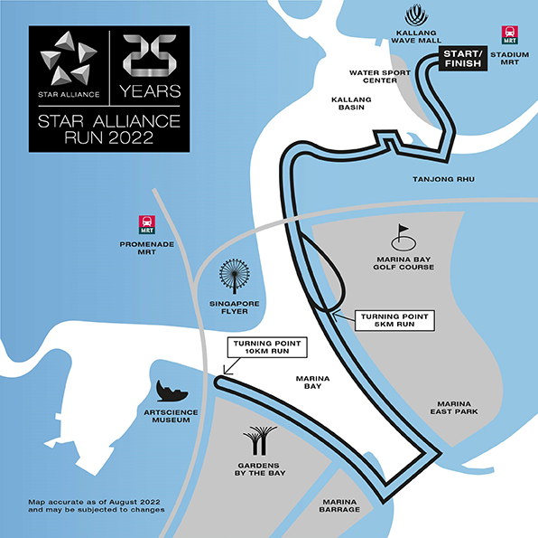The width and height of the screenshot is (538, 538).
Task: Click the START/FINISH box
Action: tap(463, 59)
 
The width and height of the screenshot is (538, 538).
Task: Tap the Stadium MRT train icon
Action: tap(509, 34)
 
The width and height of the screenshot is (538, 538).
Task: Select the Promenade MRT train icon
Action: tap(147, 224)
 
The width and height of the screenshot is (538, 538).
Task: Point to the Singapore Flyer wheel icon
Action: tap(235, 276)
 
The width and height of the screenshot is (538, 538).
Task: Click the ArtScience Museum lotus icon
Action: tap(172, 391)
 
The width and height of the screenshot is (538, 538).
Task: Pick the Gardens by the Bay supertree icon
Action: tap(260, 440)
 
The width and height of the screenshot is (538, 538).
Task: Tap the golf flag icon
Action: tap(403, 237)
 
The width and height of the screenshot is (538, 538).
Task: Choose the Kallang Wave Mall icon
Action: tap(416, 15)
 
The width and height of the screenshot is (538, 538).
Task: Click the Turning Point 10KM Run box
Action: tap(267, 347)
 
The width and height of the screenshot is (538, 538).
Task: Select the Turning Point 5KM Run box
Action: tap(394, 320)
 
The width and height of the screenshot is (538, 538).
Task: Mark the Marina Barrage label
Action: tap(339, 505)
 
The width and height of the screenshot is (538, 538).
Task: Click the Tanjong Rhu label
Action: tap(443, 179)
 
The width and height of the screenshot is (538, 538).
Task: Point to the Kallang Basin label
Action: tap(351, 103)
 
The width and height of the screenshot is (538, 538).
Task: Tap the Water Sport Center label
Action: tap(380, 77)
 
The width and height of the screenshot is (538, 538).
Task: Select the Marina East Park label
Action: tap(454, 408)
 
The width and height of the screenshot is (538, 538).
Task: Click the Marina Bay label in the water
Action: tap(312, 382)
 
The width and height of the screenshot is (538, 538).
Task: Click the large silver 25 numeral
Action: tap(150, 55)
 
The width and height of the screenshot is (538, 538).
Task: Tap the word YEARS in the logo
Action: tap(150, 91)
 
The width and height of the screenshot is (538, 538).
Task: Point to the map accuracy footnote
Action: tap(97, 505)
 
